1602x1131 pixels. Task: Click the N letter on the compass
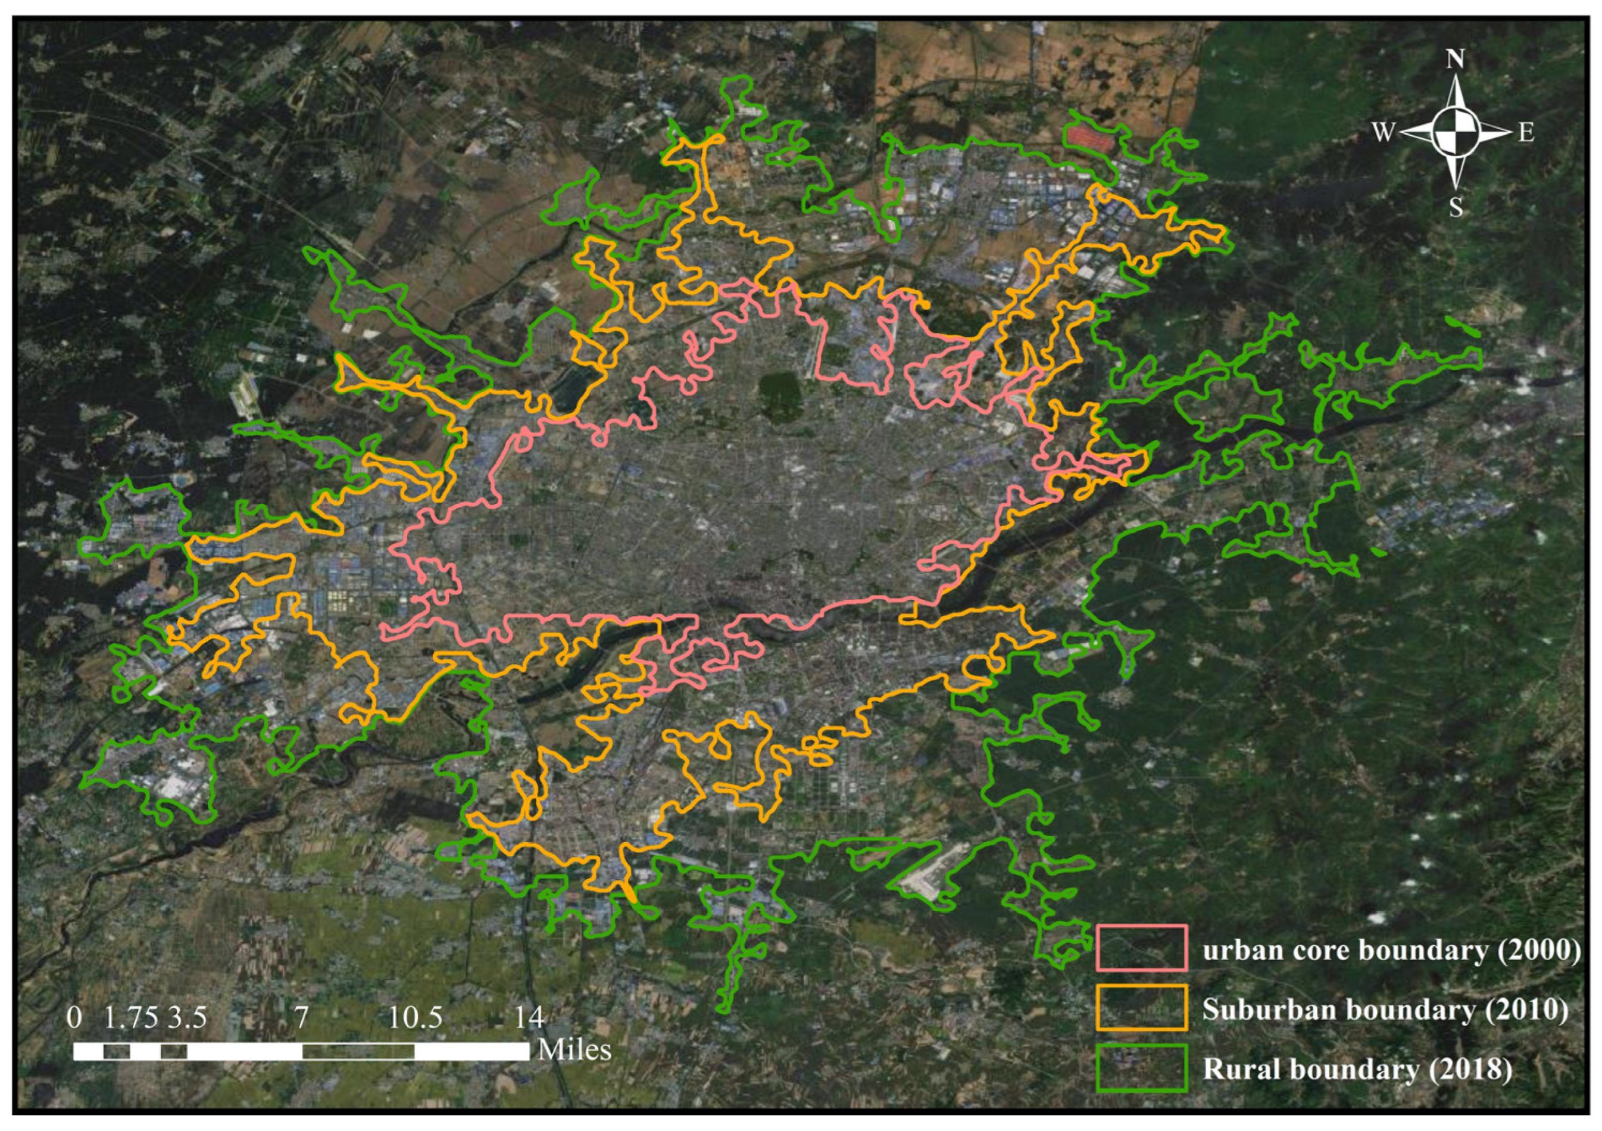tap(1455, 60)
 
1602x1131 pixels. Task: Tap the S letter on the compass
tap(1456, 207)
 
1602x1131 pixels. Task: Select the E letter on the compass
tap(1526, 133)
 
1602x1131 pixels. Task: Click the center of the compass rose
tap(1456, 132)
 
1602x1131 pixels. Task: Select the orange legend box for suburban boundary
tap(1141, 1008)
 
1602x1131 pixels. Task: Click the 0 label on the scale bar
tap(74, 1018)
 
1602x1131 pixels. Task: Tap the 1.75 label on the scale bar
tap(131, 1018)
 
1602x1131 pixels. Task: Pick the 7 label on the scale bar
tap(301, 1018)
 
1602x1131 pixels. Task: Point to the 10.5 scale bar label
tap(415, 1018)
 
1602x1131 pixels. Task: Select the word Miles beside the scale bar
tap(574, 1050)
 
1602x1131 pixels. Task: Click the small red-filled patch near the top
tap(1090, 138)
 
